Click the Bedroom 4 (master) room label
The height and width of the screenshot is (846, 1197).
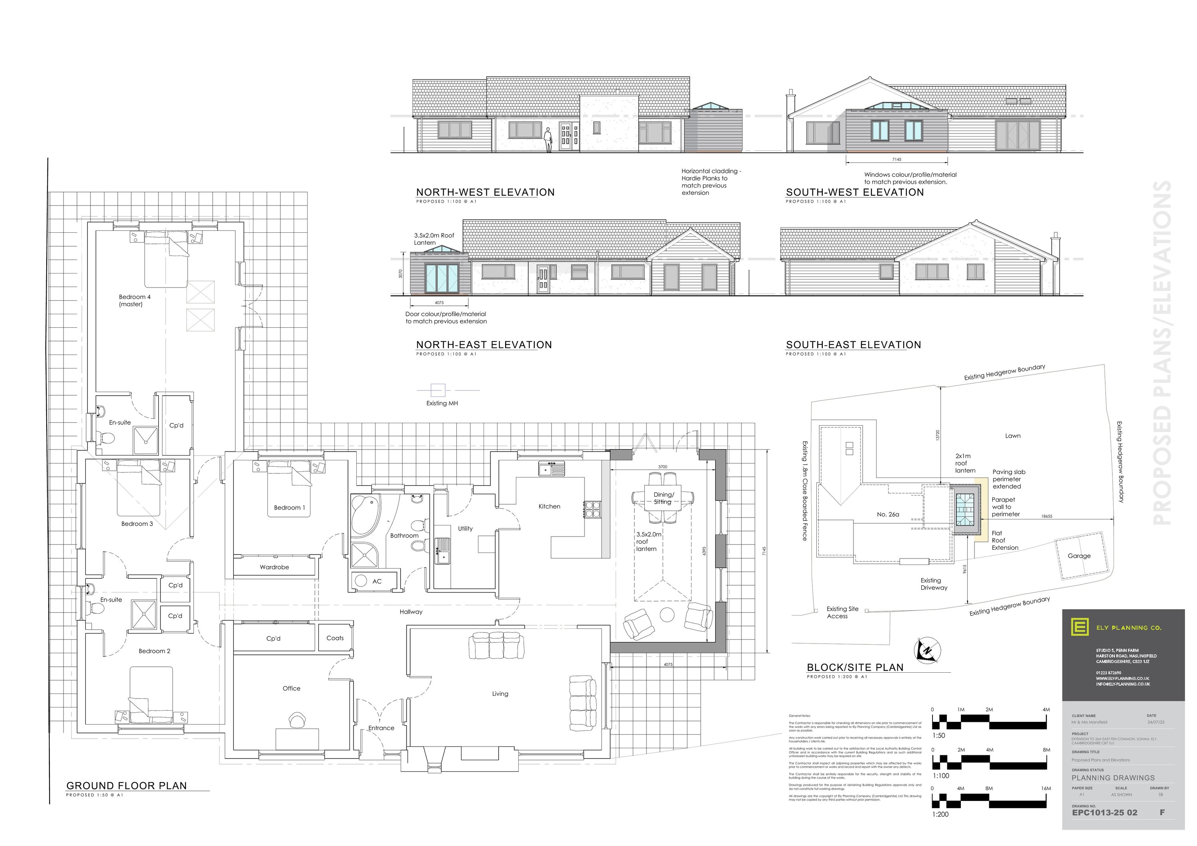pos(134,300)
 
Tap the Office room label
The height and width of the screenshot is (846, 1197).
pos(291,688)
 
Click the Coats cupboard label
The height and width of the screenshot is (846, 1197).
pos(335,638)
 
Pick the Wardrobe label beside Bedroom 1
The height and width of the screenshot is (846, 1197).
pos(274,567)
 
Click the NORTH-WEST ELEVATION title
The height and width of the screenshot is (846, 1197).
pos(485,192)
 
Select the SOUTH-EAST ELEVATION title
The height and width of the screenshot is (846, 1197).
pos(853,345)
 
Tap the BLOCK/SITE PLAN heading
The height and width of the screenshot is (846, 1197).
pos(855,667)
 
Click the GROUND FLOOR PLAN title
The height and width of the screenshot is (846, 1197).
pos(127,785)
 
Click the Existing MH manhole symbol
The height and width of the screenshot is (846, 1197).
pos(438,390)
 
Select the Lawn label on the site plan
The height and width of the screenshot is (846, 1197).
pos(1012,436)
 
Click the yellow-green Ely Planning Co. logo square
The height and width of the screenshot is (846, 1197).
pos(1079,626)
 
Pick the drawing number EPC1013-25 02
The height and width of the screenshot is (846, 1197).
pos(1104,812)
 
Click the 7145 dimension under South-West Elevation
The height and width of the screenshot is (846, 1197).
pos(897,160)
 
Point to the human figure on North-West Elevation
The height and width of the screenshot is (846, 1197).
pos(548,140)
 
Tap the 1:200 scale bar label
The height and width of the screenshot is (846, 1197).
pos(940,814)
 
